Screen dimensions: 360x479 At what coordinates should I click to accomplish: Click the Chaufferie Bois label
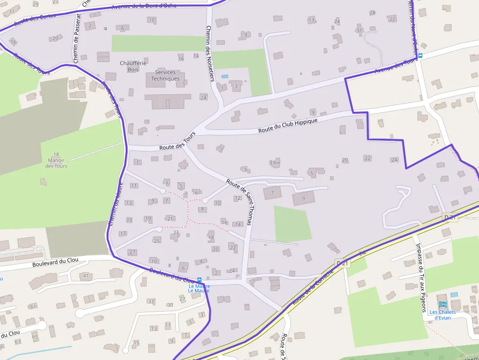pyautogui.click(x=130, y=66)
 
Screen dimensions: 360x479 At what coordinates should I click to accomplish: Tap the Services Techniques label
pyautogui.click(x=165, y=76)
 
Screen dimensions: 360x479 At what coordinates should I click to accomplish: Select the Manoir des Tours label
pyautogui.click(x=56, y=160)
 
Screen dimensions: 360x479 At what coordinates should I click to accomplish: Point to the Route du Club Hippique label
pyautogui.click(x=288, y=126)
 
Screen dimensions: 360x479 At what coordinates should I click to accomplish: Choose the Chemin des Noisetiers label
pyautogui.click(x=210, y=53)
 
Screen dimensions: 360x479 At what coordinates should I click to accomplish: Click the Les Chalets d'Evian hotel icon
pyautogui.click(x=443, y=304)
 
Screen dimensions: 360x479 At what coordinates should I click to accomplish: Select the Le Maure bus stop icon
pyautogui.click(x=199, y=280)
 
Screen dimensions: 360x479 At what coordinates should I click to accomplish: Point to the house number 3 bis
pyautogui.click(x=275, y=162)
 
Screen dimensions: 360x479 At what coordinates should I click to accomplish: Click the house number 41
pyautogui.click(x=86, y=276)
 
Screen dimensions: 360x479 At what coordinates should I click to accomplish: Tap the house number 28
pyautogui.click(x=373, y=13)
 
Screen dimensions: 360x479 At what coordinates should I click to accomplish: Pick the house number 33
pyautogui.click(x=151, y=301)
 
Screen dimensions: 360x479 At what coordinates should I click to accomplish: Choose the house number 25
pyautogui.click(x=157, y=241)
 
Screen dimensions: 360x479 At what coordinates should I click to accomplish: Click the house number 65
pyautogui.click(x=35, y=337)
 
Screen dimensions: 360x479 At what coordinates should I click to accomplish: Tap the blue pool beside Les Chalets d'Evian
pyautogui.click(x=455, y=295)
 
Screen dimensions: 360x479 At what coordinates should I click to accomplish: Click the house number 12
pyautogui.click(x=238, y=198)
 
